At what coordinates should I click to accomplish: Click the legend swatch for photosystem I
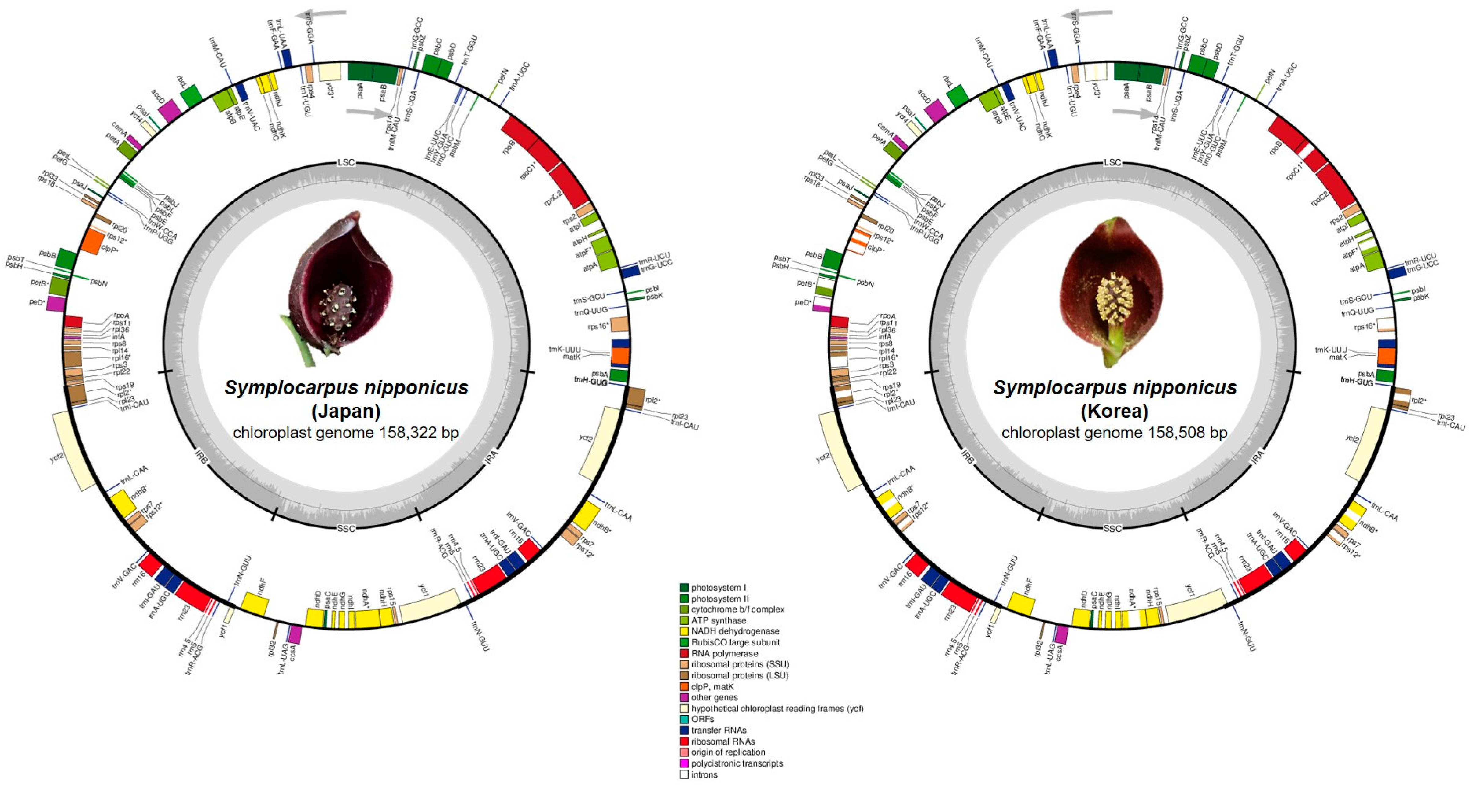(684, 587)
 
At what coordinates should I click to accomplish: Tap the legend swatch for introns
(684, 774)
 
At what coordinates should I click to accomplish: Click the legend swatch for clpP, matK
(684, 686)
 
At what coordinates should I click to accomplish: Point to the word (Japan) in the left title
(346, 411)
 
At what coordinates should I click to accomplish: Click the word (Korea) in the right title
(1114, 411)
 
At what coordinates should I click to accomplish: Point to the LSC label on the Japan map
(346, 163)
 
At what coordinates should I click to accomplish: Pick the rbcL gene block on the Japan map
(192, 96)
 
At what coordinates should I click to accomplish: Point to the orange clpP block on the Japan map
(91, 242)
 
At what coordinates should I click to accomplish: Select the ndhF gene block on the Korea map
(1021, 604)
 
